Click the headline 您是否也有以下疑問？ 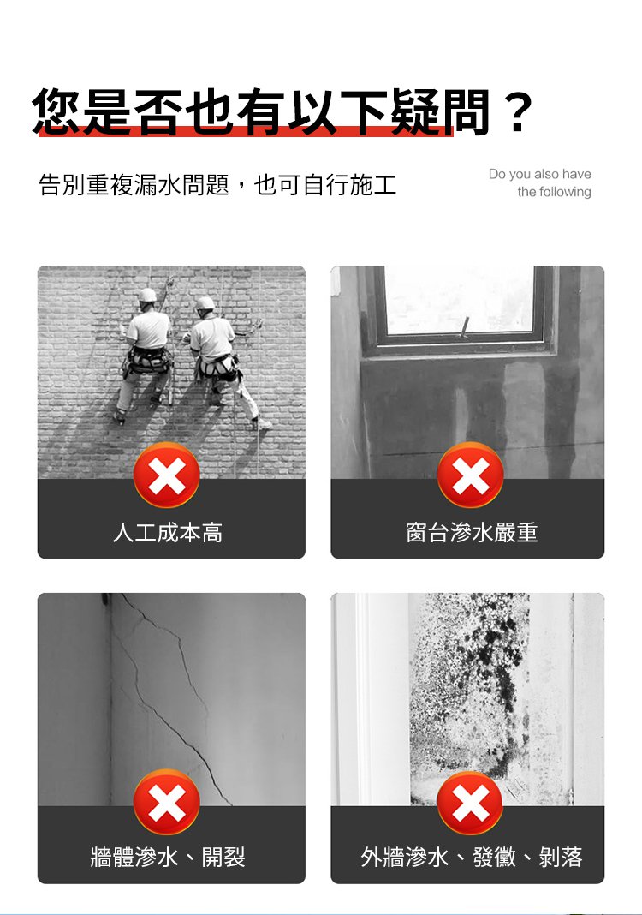(x=282, y=111)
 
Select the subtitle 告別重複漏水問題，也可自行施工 (x=217, y=184)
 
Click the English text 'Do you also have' (x=539, y=174)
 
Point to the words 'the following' (x=554, y=192)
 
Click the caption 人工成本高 (x=168, y=533)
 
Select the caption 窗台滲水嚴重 (x=472, y=533)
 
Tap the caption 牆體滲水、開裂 (x=168, y=856)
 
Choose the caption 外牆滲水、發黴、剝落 (x=472, y=856)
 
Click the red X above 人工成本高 (x=167, y=475)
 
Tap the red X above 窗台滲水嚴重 (x=470, y=475)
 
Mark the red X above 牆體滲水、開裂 (x=167, y=803)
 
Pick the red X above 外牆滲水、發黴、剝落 (x=470, y=803)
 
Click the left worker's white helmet (x=147, y=296)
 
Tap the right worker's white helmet (x=205, y=302)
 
